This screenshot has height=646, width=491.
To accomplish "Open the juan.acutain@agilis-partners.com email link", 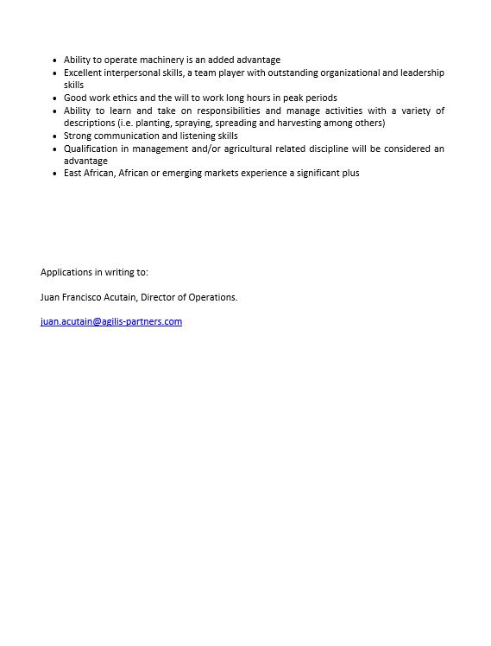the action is [x=111, y=322].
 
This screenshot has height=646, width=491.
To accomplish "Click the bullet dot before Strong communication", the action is [x=54, y=136].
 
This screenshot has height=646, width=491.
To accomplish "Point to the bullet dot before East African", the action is [x=54, y=174].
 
